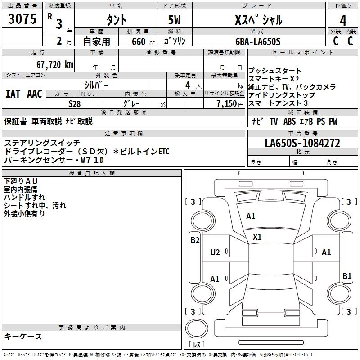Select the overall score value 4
(343, 21)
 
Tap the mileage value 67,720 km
(50, 64)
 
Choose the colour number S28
(75, 103)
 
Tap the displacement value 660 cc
(138, 41)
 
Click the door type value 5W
(175, 21)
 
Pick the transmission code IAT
(13, 94)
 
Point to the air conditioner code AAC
(35, 94)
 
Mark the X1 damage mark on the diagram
(257, 237)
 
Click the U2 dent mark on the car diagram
(215, 252)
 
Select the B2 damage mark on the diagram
(195, 240)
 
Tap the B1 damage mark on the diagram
(347, 276)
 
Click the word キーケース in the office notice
(23, 336)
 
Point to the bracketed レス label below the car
(196, 345)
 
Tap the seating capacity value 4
(187, 85)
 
